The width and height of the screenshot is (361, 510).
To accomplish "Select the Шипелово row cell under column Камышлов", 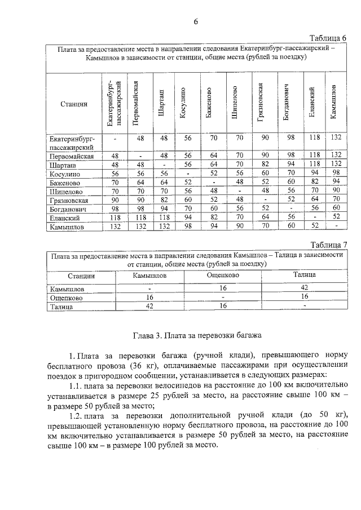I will pyautogui.click(x=337, y=191).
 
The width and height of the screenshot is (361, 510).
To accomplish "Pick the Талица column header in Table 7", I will pyautogui.click(x=304, y=276).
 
